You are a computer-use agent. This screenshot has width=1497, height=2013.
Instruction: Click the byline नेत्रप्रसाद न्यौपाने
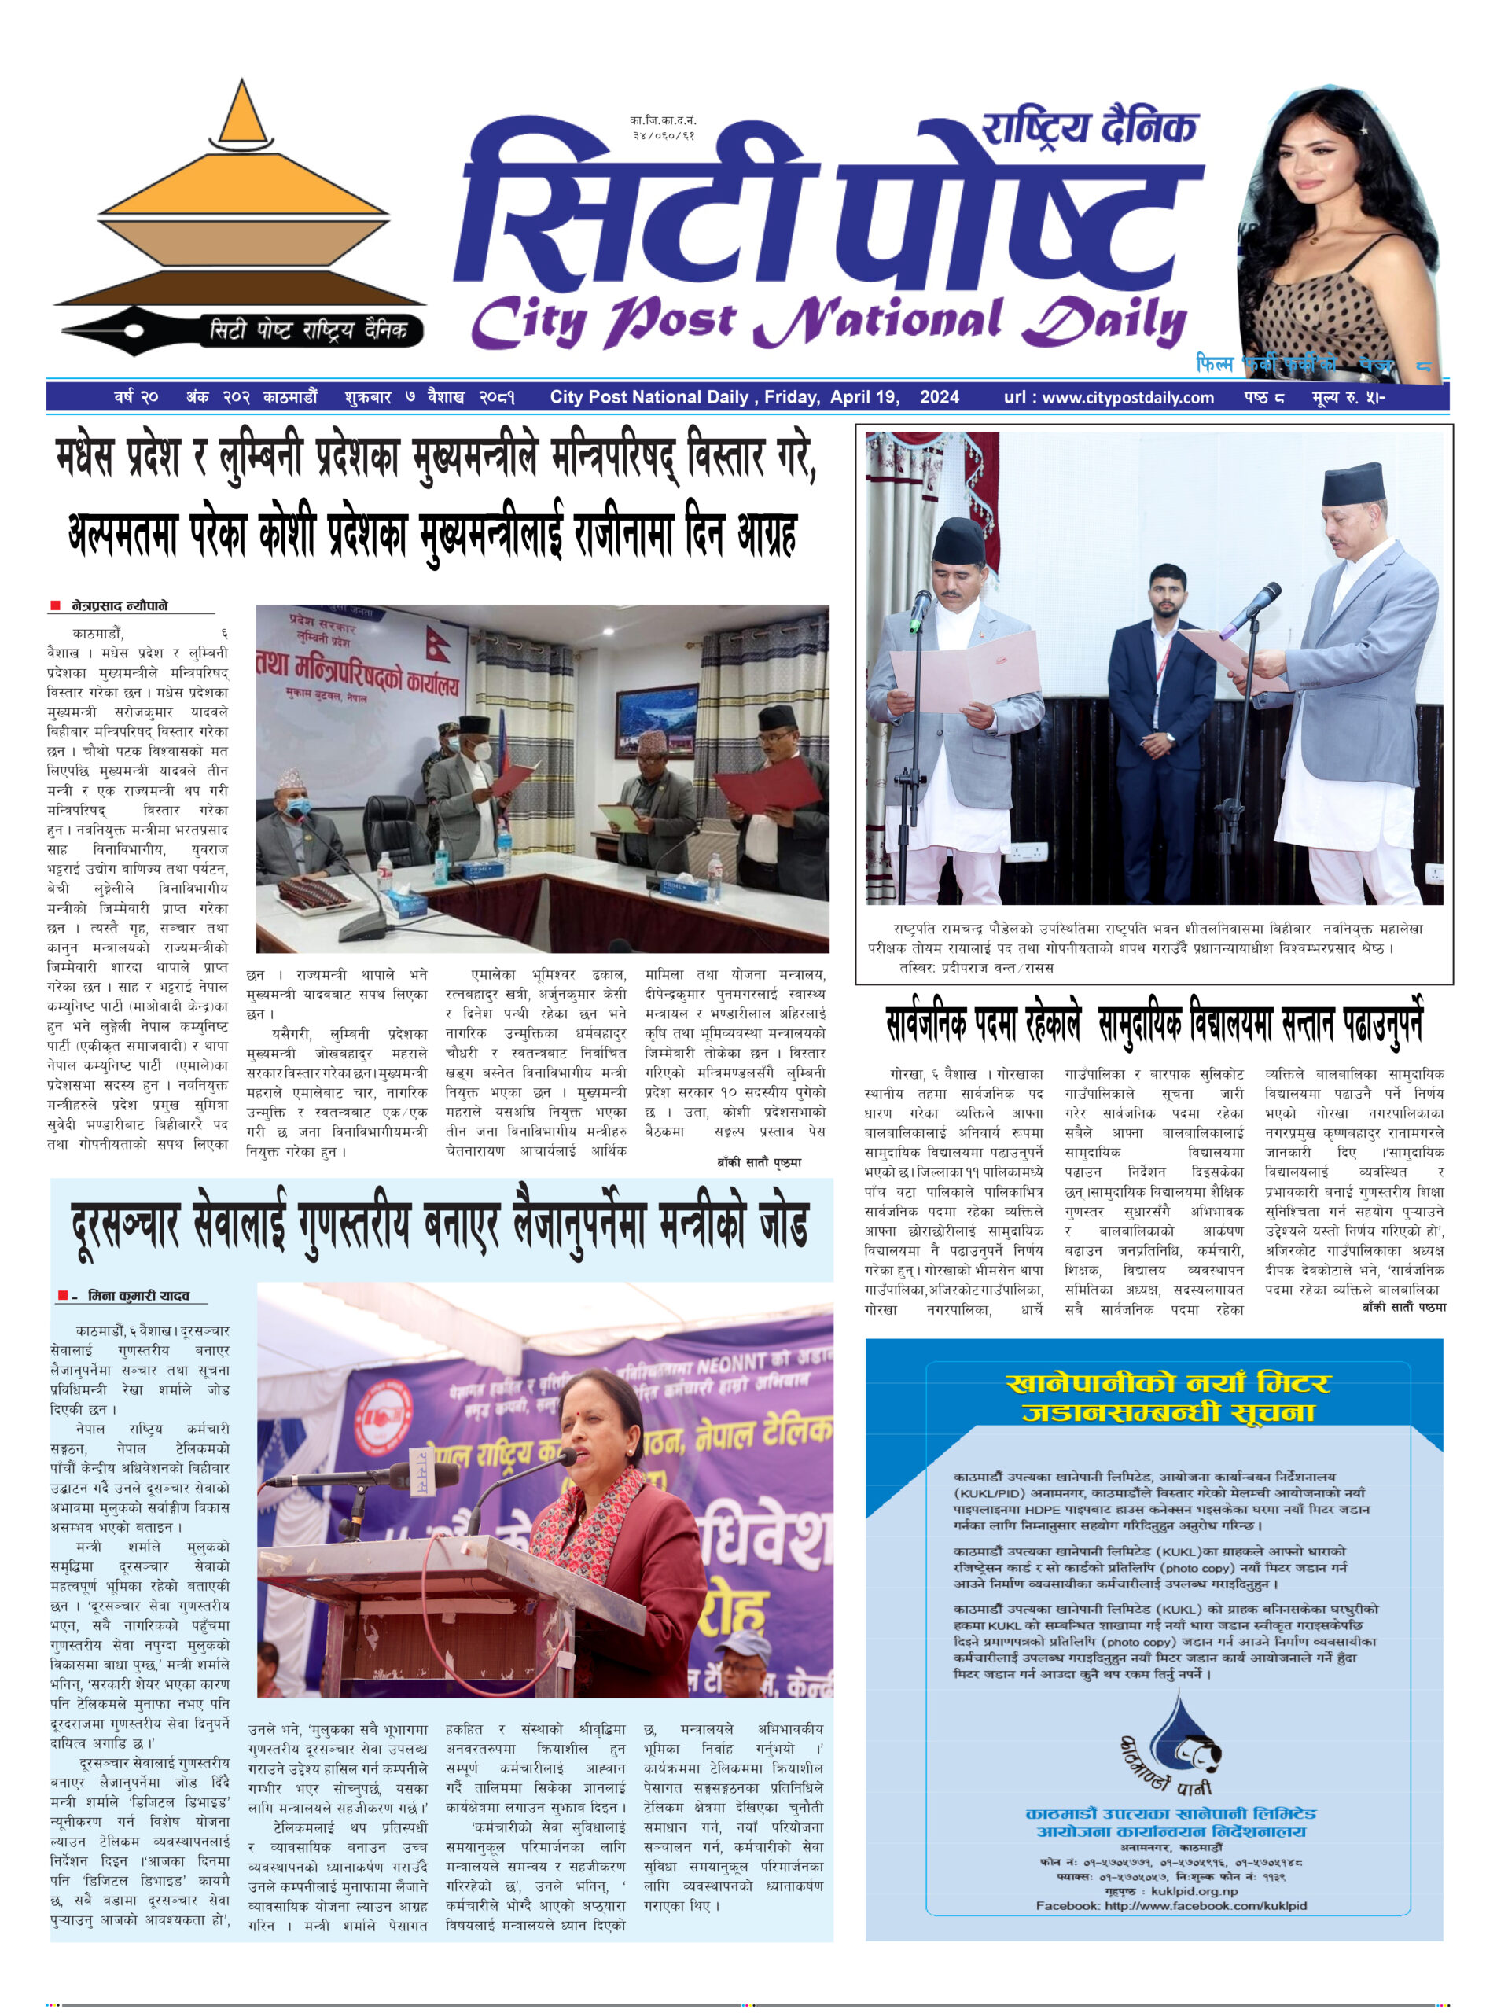click(x=120, y=605)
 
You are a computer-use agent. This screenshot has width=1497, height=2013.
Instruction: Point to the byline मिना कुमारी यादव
click(x=138, y=1295)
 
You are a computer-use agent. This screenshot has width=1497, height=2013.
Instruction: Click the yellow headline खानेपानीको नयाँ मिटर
click(x=1168, y=1383)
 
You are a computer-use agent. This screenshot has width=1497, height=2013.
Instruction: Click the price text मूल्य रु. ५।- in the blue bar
click(x=1348, y=397)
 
